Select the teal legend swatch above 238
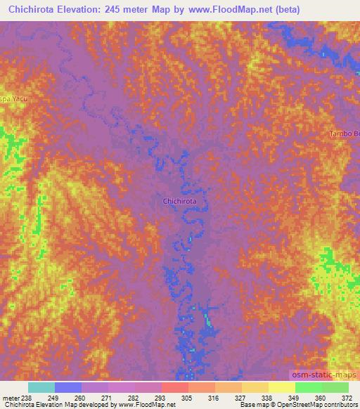pos(41,387)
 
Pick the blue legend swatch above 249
pos(67,387)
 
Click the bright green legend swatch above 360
pos(308,387)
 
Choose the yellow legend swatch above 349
pos(281,387)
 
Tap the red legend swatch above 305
pos(174,387)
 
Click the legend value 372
pos(347,397)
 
